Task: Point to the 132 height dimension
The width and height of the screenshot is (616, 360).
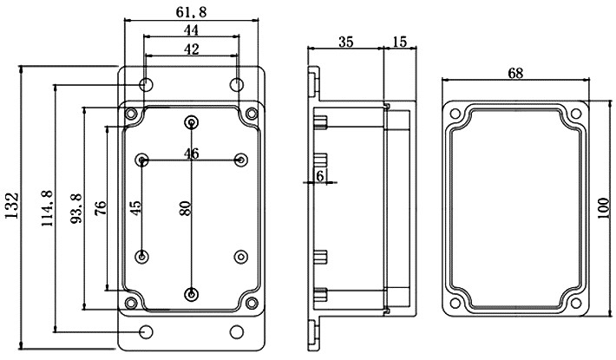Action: (x=10, y=207)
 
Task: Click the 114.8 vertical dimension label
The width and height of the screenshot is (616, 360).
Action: (x=46, y=207)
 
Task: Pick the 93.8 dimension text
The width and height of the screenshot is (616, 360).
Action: (x=75, y=208)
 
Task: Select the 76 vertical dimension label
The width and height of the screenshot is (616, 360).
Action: (x=99, y=209)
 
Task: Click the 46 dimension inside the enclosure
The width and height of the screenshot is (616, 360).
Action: (x=192, y=154)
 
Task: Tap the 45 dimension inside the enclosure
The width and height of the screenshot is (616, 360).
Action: (x=134, y=209)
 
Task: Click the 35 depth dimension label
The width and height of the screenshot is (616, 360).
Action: (x=345, y=42)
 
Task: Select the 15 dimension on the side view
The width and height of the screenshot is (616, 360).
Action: (x=400, y=42)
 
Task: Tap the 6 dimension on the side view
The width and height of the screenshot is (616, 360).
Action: (x=320, y=175)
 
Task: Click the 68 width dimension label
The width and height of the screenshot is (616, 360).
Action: (x=514, y=74)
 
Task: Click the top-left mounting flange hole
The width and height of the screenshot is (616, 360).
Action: (x=147, y=84)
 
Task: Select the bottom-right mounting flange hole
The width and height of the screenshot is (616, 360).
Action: (x=236, y=332)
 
